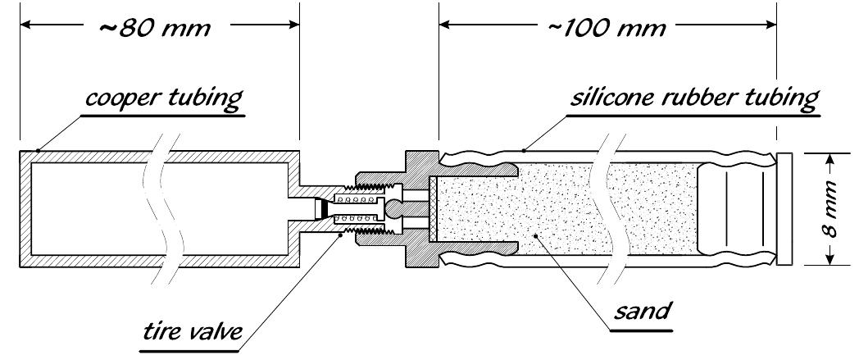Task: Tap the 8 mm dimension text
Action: tap(829, 210)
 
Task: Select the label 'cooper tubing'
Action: tap(163, 100)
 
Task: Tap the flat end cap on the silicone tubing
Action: tap(785, 209)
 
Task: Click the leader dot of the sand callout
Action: tap(535, 237)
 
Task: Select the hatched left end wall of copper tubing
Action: tap(26, 209)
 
